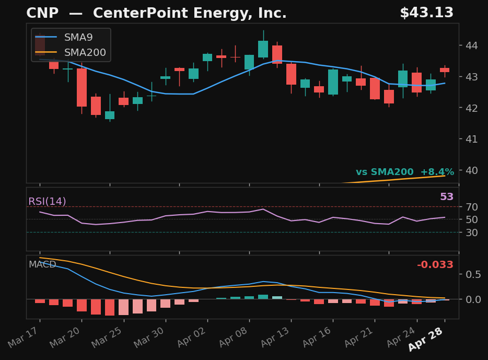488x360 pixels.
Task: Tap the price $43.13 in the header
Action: tap(426, 13)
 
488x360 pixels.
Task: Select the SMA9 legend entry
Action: tap(78, 38)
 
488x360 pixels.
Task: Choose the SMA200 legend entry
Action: tap(85, 53)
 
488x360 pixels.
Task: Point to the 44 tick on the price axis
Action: tap(472, 45)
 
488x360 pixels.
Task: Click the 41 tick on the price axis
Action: tap(472, 139)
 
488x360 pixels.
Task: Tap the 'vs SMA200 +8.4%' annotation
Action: tap(405, 172)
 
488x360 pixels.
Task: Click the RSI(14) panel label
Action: tap(47, 202)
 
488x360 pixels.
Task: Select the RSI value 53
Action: tap(447, 197)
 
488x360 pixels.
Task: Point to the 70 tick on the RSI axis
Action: tap(472, 207)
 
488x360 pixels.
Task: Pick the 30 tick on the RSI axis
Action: tap(472, 233)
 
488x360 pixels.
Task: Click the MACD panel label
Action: tap(42, 265)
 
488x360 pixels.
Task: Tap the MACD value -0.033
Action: tap(435, 265)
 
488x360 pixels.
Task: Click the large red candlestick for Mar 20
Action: tap(82, 87)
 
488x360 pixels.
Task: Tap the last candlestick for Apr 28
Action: tap(445, 69)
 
